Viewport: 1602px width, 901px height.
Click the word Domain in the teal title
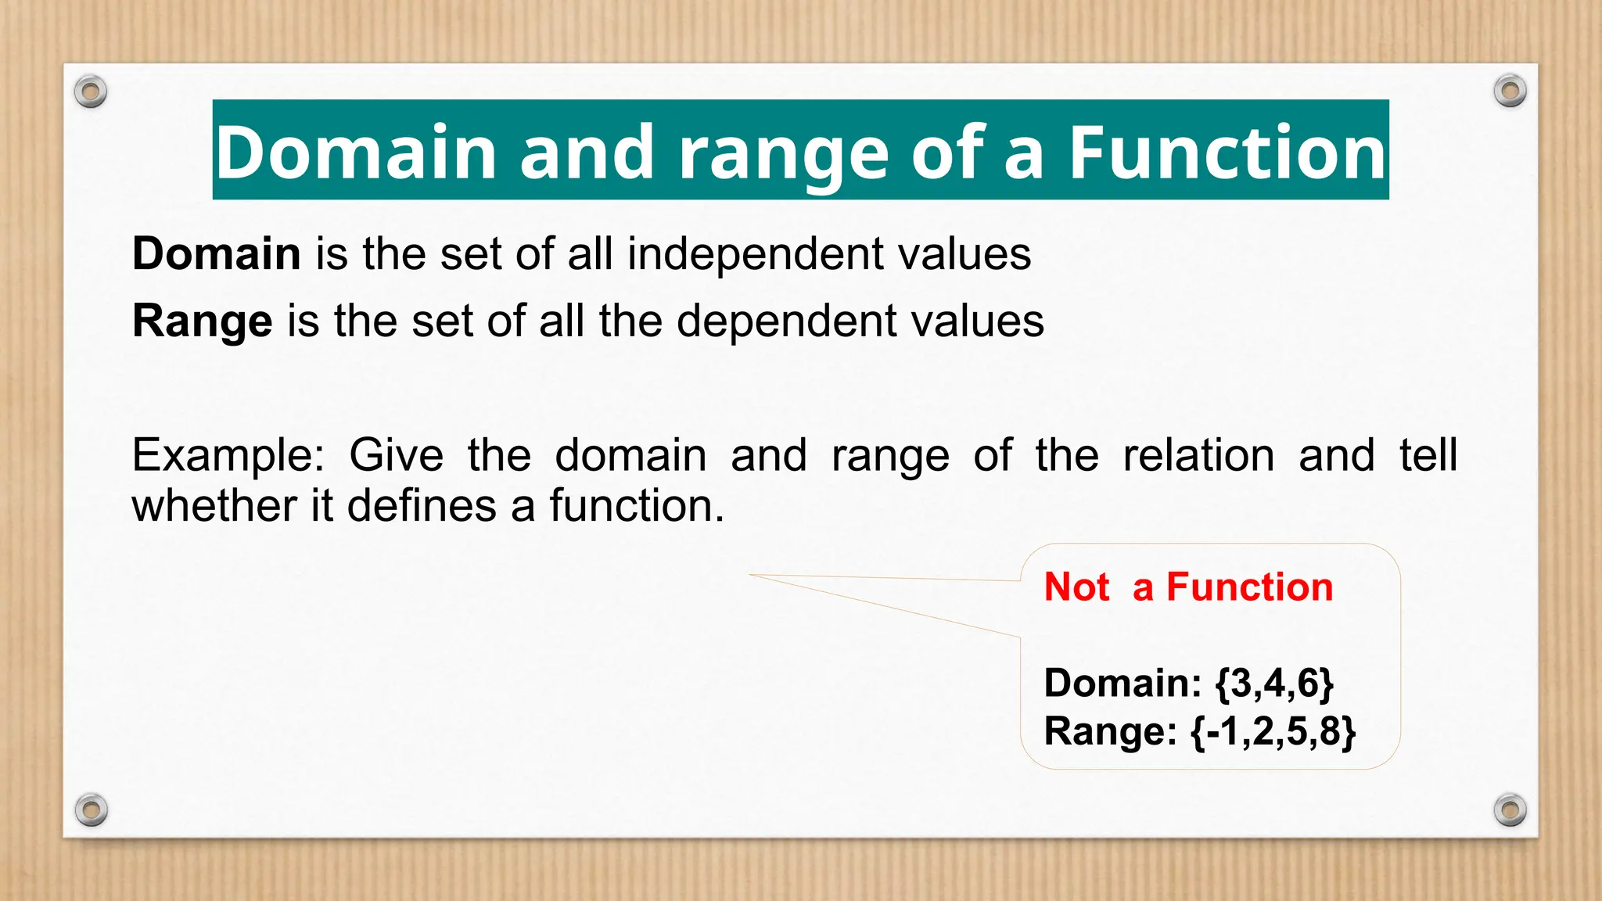[356, 152]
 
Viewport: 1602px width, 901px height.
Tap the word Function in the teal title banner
[1227, 152]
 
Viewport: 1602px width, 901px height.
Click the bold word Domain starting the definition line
[217, 254]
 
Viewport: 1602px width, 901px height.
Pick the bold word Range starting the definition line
[202, 321]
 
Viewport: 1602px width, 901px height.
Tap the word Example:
[228, 455]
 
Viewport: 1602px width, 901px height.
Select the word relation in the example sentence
[1198, 455]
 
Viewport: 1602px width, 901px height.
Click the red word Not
[1076, 587]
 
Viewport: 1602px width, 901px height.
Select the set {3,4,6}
[1274, 683]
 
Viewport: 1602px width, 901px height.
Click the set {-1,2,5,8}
[1273, 731]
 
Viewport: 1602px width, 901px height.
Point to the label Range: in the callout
[1110, 731]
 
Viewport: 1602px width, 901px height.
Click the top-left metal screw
[91, 92]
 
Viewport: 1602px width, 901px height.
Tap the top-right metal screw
[1510, 92]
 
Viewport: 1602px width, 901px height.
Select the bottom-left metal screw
[91, 809]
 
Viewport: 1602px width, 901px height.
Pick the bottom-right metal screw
[1510, 809]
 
